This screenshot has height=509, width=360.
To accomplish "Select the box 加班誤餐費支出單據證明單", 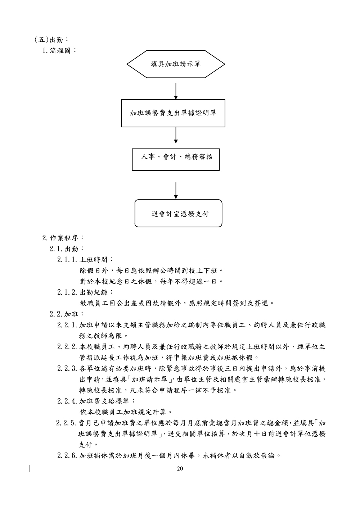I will coord(173,113).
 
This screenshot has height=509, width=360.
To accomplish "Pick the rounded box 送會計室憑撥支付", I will coord(178,213).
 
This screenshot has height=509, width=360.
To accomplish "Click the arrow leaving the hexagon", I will coord(176,91).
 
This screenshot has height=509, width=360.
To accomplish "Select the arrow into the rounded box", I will coord(176,190).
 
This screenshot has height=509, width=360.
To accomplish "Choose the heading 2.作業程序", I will coord(63,238).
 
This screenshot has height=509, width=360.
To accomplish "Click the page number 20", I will coord(180,468).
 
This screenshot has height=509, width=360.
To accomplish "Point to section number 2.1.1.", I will coord(67,259).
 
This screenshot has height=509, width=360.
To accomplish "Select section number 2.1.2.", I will coord(67,292).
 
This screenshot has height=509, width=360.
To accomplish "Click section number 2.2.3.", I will coord(67,368).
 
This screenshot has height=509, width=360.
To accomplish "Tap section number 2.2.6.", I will coord(67,456).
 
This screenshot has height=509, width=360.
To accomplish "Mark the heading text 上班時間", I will coord(96,259).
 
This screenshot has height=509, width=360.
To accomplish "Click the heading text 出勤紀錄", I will coord(96,292).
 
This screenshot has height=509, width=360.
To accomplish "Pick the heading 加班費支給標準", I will coord(107,401).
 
